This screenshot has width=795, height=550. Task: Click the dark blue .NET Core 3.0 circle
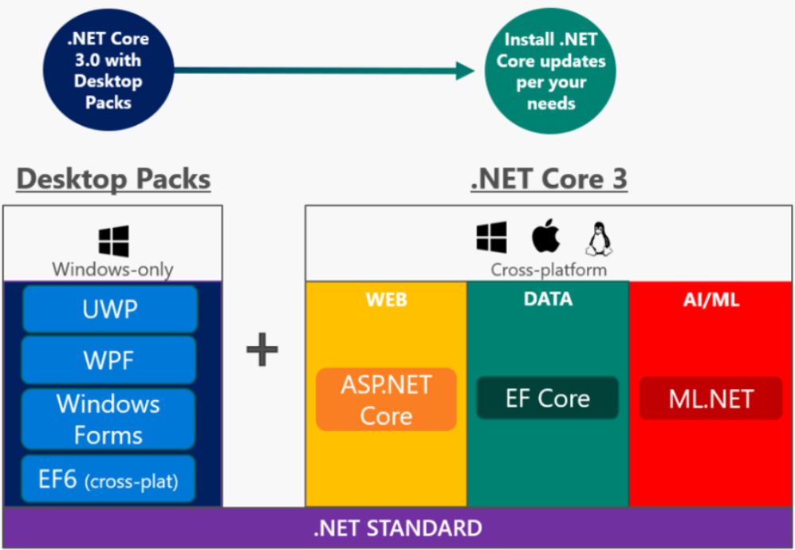[x=108, y=69]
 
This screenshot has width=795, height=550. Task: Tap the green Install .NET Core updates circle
[x=551, y=71]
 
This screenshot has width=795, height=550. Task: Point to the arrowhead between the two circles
[x=467, y=70]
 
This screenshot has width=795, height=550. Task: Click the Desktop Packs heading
[x=114, y=179]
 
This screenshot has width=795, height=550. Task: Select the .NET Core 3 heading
[x=549, y=179]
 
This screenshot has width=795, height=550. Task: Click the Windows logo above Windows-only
[x=113, y=241]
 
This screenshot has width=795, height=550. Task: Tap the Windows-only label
[x=112, y=269]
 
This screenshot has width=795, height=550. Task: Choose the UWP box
[x=109, y=308]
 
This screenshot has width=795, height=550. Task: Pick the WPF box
[x=109, y=360]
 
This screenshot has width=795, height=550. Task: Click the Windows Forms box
[x=109, y=419]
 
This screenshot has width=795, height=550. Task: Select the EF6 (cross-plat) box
[x=109, y=480]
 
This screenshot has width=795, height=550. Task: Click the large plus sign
[x=262, y=351]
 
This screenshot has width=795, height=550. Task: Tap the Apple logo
[x=546, y=237]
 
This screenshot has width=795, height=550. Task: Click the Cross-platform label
[x=549, y=269]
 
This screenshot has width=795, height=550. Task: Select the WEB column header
[x=387, y=300]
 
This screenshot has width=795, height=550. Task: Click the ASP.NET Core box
[x=386, y=400]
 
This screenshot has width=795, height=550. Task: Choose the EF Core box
[x=548, y=399]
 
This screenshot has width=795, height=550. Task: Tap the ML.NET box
[x=710, y=399]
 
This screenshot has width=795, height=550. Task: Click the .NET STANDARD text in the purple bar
[x=396, y=528]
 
